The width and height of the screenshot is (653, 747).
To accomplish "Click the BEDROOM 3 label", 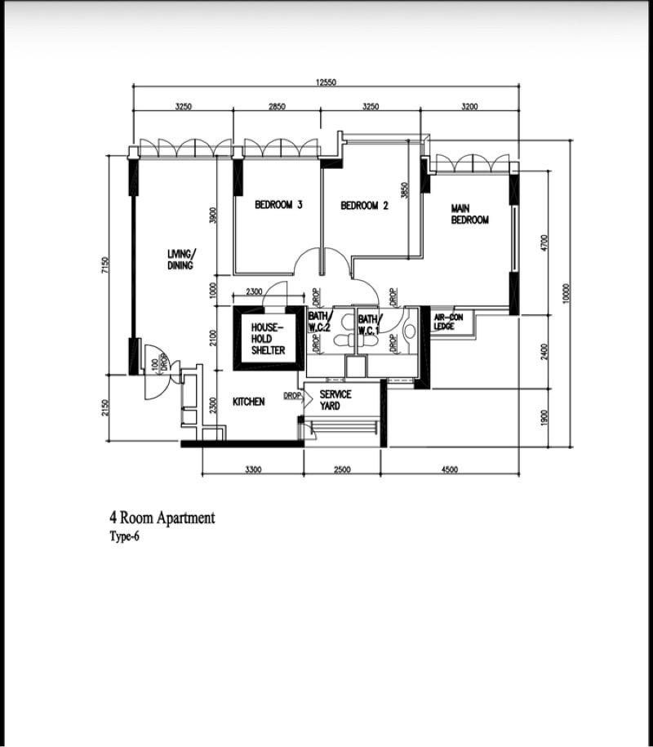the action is coord(278,205).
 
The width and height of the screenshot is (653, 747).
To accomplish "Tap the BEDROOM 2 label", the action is coord(364,206).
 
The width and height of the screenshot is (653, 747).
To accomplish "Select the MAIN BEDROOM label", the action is coord(469,214).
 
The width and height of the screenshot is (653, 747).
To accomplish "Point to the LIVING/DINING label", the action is coord(181,259).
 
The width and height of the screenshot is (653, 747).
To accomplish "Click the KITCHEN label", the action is coord(249,402).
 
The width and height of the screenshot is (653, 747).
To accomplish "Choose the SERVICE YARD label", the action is coord(335,400).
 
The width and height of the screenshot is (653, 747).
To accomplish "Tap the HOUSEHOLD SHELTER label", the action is coord(269,339).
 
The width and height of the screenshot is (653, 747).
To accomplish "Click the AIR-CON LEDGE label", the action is coord(448,322).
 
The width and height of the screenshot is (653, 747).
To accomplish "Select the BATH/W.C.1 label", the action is coord(370,324).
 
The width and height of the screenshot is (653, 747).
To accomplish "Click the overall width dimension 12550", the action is coord(326,82).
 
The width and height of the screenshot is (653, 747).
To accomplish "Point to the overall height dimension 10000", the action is coord(566,293).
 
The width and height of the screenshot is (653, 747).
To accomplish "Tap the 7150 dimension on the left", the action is coord(105,265).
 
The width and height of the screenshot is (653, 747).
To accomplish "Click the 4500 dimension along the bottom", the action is coord(450,469).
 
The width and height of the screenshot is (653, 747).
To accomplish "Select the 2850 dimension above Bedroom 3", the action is coord(277,106).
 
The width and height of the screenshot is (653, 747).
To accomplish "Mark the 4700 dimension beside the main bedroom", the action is coord(545,242).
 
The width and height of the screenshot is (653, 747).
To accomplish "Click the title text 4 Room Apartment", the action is coord(162,518).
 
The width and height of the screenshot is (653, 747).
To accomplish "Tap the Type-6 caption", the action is coord(124,536).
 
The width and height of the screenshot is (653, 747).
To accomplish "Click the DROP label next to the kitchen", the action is coord(292,395).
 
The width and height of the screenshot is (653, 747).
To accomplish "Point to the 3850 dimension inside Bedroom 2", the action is coord(405,190).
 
